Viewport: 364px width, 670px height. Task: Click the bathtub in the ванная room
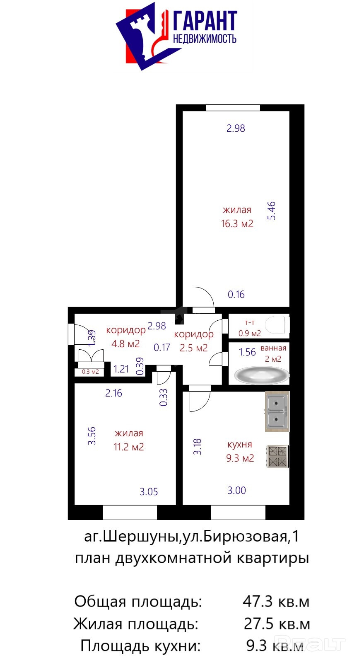point(262,376)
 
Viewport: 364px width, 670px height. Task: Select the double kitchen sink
point(277,411)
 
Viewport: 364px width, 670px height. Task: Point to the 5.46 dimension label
point(271,211)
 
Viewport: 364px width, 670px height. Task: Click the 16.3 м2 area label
point(237,224)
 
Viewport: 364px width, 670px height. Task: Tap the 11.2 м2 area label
point(128,447)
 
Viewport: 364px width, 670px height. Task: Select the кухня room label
point(240,445)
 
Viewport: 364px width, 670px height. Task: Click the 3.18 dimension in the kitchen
point(197,447)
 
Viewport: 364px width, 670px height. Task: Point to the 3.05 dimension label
point(149,491)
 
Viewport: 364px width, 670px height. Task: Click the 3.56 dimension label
point(92,436)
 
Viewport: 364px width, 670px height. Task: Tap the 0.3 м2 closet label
point(90,372)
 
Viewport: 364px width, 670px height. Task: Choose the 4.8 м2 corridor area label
point(125,343)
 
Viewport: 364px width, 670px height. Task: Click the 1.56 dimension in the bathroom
point(247,352)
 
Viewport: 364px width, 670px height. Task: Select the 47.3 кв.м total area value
point(276,601)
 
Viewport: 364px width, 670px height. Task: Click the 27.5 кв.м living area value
point(277,624)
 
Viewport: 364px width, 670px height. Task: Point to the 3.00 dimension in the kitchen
point(236,491)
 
